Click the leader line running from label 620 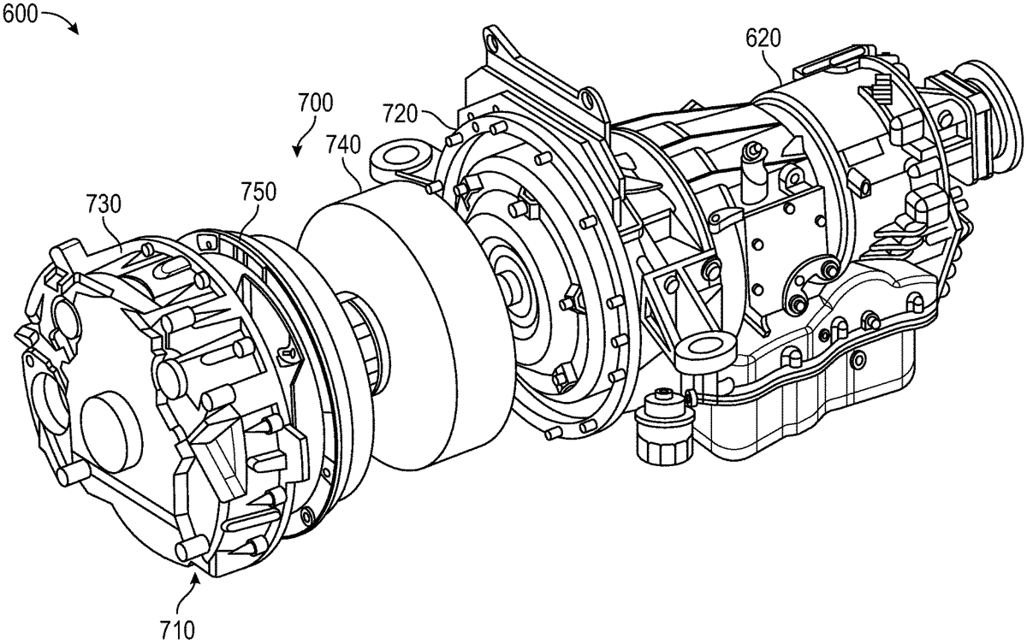coord(781,64)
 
